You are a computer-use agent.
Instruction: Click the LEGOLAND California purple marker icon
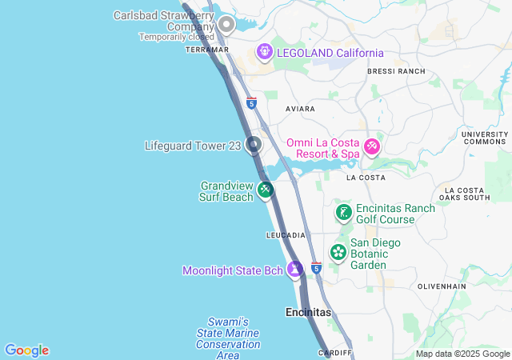click(x=265, y=53)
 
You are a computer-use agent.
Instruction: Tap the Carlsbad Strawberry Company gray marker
click(x=226, y=25)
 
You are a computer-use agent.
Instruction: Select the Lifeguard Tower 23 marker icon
click(x=254, y=145)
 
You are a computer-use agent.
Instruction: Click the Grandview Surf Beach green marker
click(x=266, y=190)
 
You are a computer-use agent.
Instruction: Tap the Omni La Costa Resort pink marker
click(x=371, y=146)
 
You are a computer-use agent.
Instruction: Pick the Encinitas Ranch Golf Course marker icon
click(x=343, y=213)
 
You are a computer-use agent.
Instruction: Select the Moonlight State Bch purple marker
click(x=295, y=270)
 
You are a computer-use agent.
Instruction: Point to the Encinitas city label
click(x=308, y=312)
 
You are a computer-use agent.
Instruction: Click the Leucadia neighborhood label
click(x=286, y=235)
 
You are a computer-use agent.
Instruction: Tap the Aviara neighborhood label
click(x=301, y=108)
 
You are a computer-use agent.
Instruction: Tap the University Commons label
click(x=485, y=138)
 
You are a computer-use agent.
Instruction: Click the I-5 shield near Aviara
click(x=251, y=102)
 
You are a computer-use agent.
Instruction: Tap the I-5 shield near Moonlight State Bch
click(x=316, y=267)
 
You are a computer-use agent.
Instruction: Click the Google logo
click(x=26, y=350)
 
